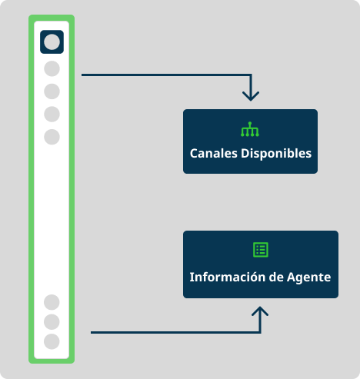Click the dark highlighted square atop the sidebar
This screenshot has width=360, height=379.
coord(52,42)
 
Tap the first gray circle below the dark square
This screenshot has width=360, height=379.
coord(52,68)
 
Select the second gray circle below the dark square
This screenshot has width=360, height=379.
coord(52,91)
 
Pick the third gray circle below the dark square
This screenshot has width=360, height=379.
coord(52,115)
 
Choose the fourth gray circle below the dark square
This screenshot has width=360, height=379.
coord(52,137)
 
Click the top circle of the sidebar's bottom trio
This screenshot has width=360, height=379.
coord(52,302)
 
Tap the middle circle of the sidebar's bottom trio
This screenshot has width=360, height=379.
coord(52,321)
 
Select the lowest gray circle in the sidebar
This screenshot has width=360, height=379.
coord(52,341)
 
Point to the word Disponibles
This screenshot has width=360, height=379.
coord(275,153)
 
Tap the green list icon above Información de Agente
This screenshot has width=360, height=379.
coord(261,249)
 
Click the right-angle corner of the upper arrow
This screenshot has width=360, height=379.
coord(250,75)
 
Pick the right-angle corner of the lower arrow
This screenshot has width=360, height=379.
coord(261,332)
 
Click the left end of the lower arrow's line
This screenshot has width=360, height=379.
coord(92,332)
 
